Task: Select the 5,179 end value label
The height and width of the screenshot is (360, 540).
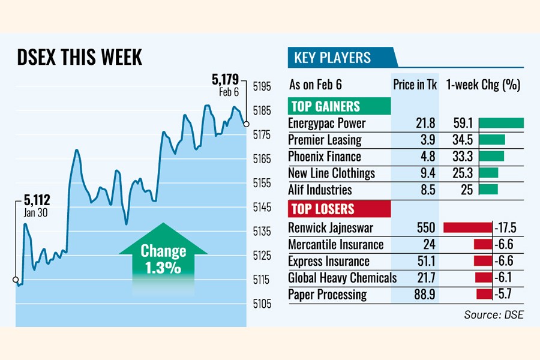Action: [x=225, y=79]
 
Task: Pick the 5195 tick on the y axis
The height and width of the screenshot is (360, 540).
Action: [x=262, y=86]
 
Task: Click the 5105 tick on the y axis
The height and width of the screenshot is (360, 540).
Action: [x=262, y=304]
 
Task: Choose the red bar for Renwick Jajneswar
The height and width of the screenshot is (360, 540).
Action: [x=467, y=228]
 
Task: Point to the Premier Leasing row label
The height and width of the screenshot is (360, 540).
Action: [x=325, y=140]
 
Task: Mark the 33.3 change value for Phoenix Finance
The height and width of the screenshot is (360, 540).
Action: [x=464, y=157]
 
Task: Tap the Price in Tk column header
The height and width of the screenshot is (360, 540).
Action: [x=415, y=85]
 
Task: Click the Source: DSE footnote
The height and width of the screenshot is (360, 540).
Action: [x=493, y=314]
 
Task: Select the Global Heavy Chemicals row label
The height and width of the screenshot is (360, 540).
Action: [x=342, y=278]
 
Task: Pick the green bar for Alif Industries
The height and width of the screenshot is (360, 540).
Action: [x=488, y=190]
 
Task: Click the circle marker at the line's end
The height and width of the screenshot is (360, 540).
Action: [x=246, y=124]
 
